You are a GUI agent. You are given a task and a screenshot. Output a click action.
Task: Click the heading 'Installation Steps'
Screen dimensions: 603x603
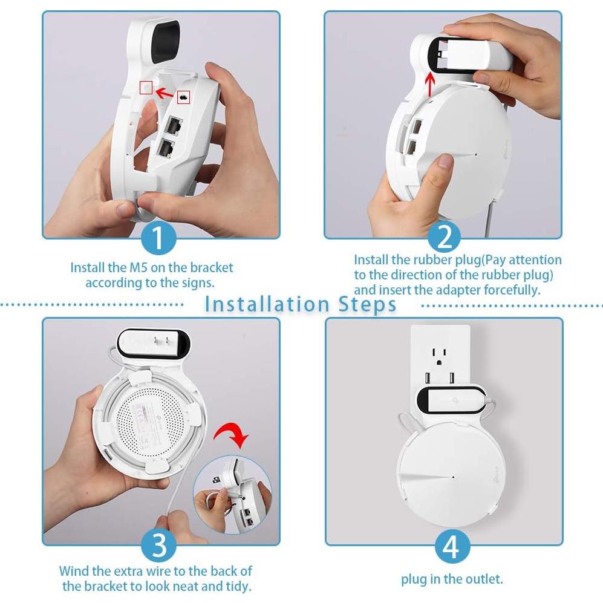point(301,304)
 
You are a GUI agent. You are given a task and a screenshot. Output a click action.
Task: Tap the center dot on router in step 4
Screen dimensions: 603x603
point(452,477)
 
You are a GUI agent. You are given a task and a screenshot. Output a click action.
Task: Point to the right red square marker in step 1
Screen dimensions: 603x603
point(184,96)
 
